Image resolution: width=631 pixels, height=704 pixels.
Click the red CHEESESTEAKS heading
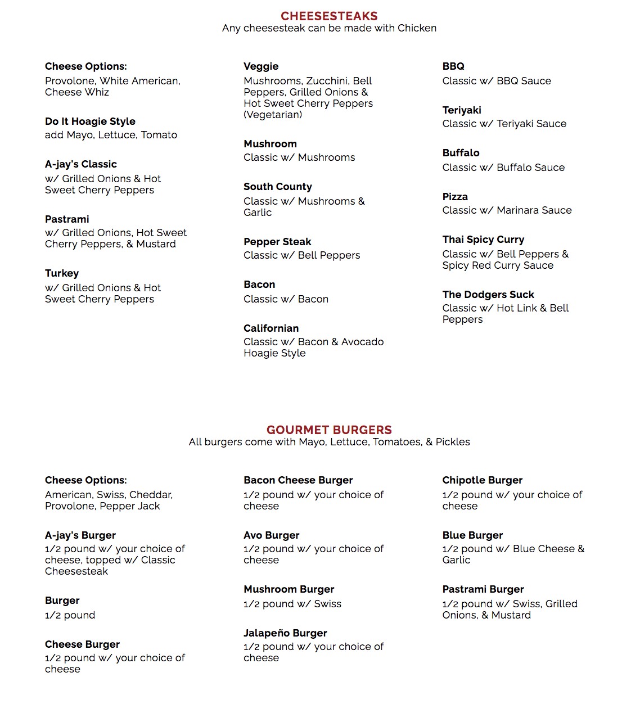[x=329, y=16]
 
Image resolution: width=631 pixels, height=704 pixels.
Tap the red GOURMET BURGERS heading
[x=329, y=430]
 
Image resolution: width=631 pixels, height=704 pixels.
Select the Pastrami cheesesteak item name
[x=67, y=219]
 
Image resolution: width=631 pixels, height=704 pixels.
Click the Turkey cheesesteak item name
[x=62, y=273]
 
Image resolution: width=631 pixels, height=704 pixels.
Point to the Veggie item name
[x=261, y=66]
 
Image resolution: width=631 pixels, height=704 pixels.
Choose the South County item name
[x=277, y=187]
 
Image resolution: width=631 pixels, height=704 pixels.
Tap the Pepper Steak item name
[x=277, y=242]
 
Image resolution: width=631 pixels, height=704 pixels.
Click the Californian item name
[x=271, y=328]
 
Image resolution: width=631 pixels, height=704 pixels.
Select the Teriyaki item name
[x=462, y=110]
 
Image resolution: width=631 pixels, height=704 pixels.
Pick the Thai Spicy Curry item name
[x=483, y=240]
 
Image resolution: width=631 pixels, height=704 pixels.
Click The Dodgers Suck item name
[x=488, y=295]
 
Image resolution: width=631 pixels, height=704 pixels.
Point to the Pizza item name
[x=455, y=197]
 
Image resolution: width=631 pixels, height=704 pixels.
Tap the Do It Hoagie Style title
[x=90, y=121]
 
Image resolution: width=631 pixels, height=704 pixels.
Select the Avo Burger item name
[x=271, y=535]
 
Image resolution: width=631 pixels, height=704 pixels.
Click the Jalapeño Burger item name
[x=285, y=633]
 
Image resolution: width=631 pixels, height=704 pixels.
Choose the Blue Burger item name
[x=472, y=535]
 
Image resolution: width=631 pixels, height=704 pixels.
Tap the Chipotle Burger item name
[x=482, y=480]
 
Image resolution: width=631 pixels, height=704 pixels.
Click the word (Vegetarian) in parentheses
[x=273, y=115]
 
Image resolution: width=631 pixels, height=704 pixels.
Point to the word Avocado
[x=362, y=342]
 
